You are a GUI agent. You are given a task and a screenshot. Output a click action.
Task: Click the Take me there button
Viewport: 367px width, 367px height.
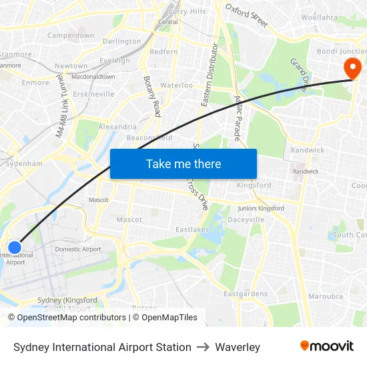coord(183,163)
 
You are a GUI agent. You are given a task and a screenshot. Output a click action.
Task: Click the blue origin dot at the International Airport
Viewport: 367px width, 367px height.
coord(14,248)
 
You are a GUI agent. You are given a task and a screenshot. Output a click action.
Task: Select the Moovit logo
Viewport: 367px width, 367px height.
coord(326,346)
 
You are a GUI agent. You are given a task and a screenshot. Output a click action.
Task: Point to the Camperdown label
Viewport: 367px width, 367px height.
coord(70,35)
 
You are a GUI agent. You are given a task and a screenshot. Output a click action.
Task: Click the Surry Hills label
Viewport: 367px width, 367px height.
coord(188,11)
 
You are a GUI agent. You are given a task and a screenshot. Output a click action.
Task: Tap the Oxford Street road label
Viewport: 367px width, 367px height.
coord(246,15)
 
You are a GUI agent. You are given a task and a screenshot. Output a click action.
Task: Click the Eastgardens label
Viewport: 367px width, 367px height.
coord(246,294)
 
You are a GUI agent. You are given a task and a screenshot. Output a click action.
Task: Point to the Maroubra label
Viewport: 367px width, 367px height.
coord(326,296)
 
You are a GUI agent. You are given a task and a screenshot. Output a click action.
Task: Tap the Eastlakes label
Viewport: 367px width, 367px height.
coord(192,230)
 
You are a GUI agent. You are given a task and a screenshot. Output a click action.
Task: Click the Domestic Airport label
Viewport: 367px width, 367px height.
coord(78,249)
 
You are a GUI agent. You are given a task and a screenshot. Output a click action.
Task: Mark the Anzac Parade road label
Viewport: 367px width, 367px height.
coord(237,117)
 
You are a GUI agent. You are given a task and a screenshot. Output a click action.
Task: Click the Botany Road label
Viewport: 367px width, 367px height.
coord(152,96)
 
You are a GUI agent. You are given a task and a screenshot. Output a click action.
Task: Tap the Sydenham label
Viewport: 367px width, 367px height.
coord(24,163)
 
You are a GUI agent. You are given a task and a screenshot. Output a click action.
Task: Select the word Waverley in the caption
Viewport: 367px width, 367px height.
coord(238,347)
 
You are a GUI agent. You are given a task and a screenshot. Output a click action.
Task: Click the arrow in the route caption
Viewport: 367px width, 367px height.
coord(203,347)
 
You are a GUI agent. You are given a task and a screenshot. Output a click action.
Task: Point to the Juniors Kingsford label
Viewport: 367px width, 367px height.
coord(261,208)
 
